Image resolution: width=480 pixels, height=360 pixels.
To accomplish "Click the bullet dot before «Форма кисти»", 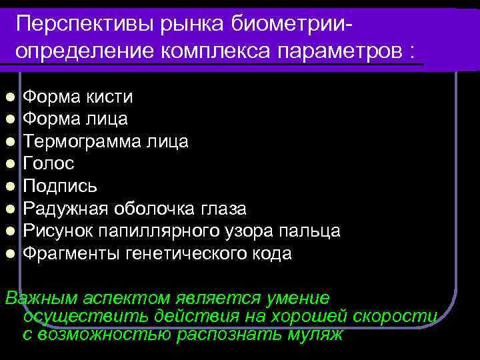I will (11, 97).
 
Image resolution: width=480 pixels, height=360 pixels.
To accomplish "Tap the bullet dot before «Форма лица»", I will (11, 119).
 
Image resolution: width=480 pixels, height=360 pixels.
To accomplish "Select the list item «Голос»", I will (49, 163).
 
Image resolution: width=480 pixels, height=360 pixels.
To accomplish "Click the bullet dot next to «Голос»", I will (11, 163).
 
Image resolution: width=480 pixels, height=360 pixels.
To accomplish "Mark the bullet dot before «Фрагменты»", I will (11, 253).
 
